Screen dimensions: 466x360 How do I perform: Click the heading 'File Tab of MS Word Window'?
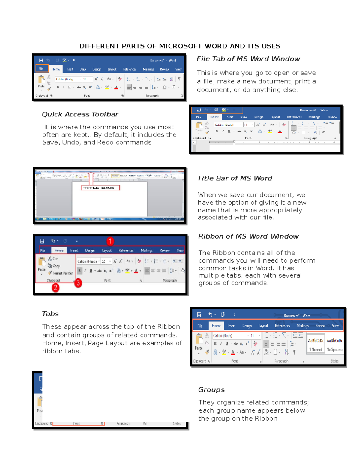[248, 59]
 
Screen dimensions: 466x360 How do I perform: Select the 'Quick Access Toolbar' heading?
[80, 114]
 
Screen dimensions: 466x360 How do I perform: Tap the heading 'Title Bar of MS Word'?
[235, 178]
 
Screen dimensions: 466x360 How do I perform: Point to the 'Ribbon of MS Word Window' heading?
[248, 236]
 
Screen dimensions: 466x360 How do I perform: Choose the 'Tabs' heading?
[50, 314]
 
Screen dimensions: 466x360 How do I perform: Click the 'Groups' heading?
[211, 390]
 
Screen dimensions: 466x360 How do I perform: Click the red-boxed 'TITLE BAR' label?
[100, 188]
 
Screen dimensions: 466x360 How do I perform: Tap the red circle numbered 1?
[110, 241]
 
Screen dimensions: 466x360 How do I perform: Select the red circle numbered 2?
[55, 288]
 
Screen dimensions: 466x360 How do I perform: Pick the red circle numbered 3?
[78, 283]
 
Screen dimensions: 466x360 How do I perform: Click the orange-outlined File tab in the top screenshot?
[42, 68]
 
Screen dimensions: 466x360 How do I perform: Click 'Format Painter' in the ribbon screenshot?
[62, 273]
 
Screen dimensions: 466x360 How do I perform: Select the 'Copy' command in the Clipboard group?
[56, 266]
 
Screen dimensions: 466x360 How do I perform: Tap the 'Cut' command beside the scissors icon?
[55, 259]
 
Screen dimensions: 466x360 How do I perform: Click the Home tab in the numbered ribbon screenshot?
[59, 250]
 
